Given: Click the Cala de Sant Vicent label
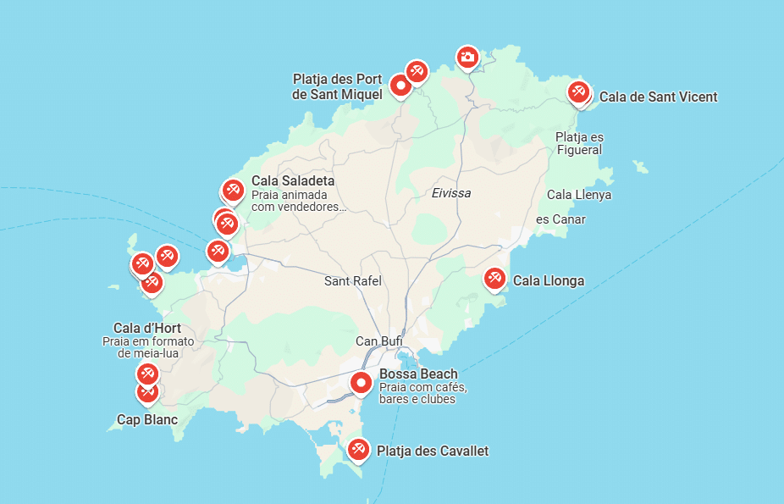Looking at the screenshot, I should click(658, 97).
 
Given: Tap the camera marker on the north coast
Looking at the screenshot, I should click(467, 58).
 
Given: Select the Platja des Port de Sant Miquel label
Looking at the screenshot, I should click(337, 86).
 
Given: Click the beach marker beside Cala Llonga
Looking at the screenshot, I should click(494, 278).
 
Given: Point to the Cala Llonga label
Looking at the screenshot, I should click(549, 280).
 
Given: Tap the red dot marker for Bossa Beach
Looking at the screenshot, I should click(362, 384).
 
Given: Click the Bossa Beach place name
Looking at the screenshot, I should click(418, 374).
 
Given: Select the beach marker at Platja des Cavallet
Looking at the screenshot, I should click(358, 449).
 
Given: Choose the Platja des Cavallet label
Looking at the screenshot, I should click(432, 451).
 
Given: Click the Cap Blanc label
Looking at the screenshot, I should click(147, 419).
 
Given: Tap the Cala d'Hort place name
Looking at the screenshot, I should click(147, 329).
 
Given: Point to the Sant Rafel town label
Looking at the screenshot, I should click(353, 280).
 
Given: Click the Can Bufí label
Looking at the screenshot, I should click(378, 341).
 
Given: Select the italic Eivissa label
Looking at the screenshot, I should click(450, 193).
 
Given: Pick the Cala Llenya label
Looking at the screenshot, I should click(579, 195).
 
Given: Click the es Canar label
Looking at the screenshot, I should click(560, 219).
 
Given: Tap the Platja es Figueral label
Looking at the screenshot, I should click(580, 143).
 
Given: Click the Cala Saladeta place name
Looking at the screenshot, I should click(293, 181).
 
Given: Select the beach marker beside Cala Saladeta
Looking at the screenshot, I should click(233, 191).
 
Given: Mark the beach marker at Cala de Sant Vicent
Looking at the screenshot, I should click(578, 91).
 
